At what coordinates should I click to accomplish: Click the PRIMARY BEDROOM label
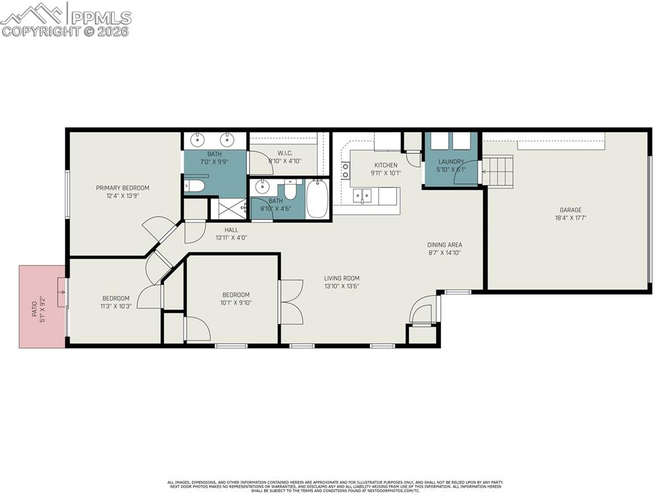pyautogui.click(x=123, y=188)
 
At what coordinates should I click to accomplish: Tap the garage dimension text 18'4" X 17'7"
pyautogui.click(x=567, y=218)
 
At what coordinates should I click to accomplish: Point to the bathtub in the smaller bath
pyautogui.click(x=317, y=200)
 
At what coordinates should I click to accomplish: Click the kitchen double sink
pyautogui.click(x=362, y=195)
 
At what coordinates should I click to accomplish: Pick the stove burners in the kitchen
pyautogui.click(x=345, y=171)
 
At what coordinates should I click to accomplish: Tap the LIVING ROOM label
pyautogui.click(x=341, y=278)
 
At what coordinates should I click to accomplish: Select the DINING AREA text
pyautogui.click(x=445, y=245)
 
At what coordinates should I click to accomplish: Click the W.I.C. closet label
pyautogui.click(x=275, y=153)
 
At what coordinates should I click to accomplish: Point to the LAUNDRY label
pyautogui.click(x=451, y=162)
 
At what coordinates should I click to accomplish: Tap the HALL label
pyautogui.click(x=231, y=230)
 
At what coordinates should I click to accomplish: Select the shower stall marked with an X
pyautogui.click(x=227, y=209)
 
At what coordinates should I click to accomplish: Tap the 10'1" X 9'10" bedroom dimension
pyautogui.click(x=235, y=302)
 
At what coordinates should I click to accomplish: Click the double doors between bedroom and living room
pyautogui.click(x=290, y=301)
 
